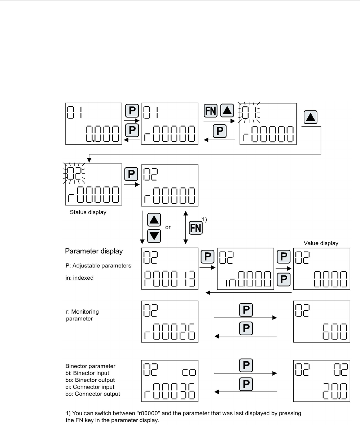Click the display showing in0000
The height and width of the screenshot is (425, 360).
point(245,269)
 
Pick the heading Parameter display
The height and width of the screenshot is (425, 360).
point(93,251)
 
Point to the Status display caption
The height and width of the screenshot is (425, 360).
point(88,212)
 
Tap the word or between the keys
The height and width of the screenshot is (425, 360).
point(168,228)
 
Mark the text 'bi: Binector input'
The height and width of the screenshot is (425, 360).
point(89,373)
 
